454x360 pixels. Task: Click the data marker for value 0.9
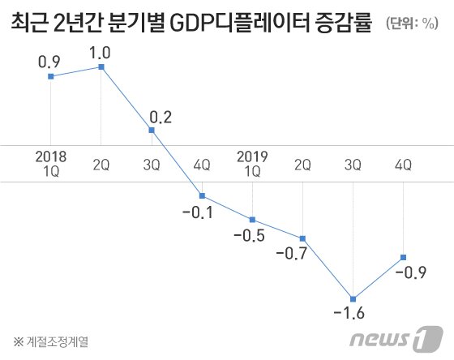click(51, 76)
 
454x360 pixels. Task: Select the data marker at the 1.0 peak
click(101, 66)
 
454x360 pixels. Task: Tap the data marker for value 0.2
click(152, 130)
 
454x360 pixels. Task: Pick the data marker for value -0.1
click(202, 195)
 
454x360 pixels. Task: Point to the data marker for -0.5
click(253, 220)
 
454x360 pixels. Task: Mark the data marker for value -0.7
click(302, 238)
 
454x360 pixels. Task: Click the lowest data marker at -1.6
click(353, 298)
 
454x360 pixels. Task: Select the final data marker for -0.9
click(403, 257)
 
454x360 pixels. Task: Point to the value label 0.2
click(161, 116)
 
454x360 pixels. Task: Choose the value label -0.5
click(249, 237)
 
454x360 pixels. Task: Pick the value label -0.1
click(196, 212)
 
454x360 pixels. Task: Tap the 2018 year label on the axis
click(51, 154)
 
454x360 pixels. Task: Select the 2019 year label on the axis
click(253, 154)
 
